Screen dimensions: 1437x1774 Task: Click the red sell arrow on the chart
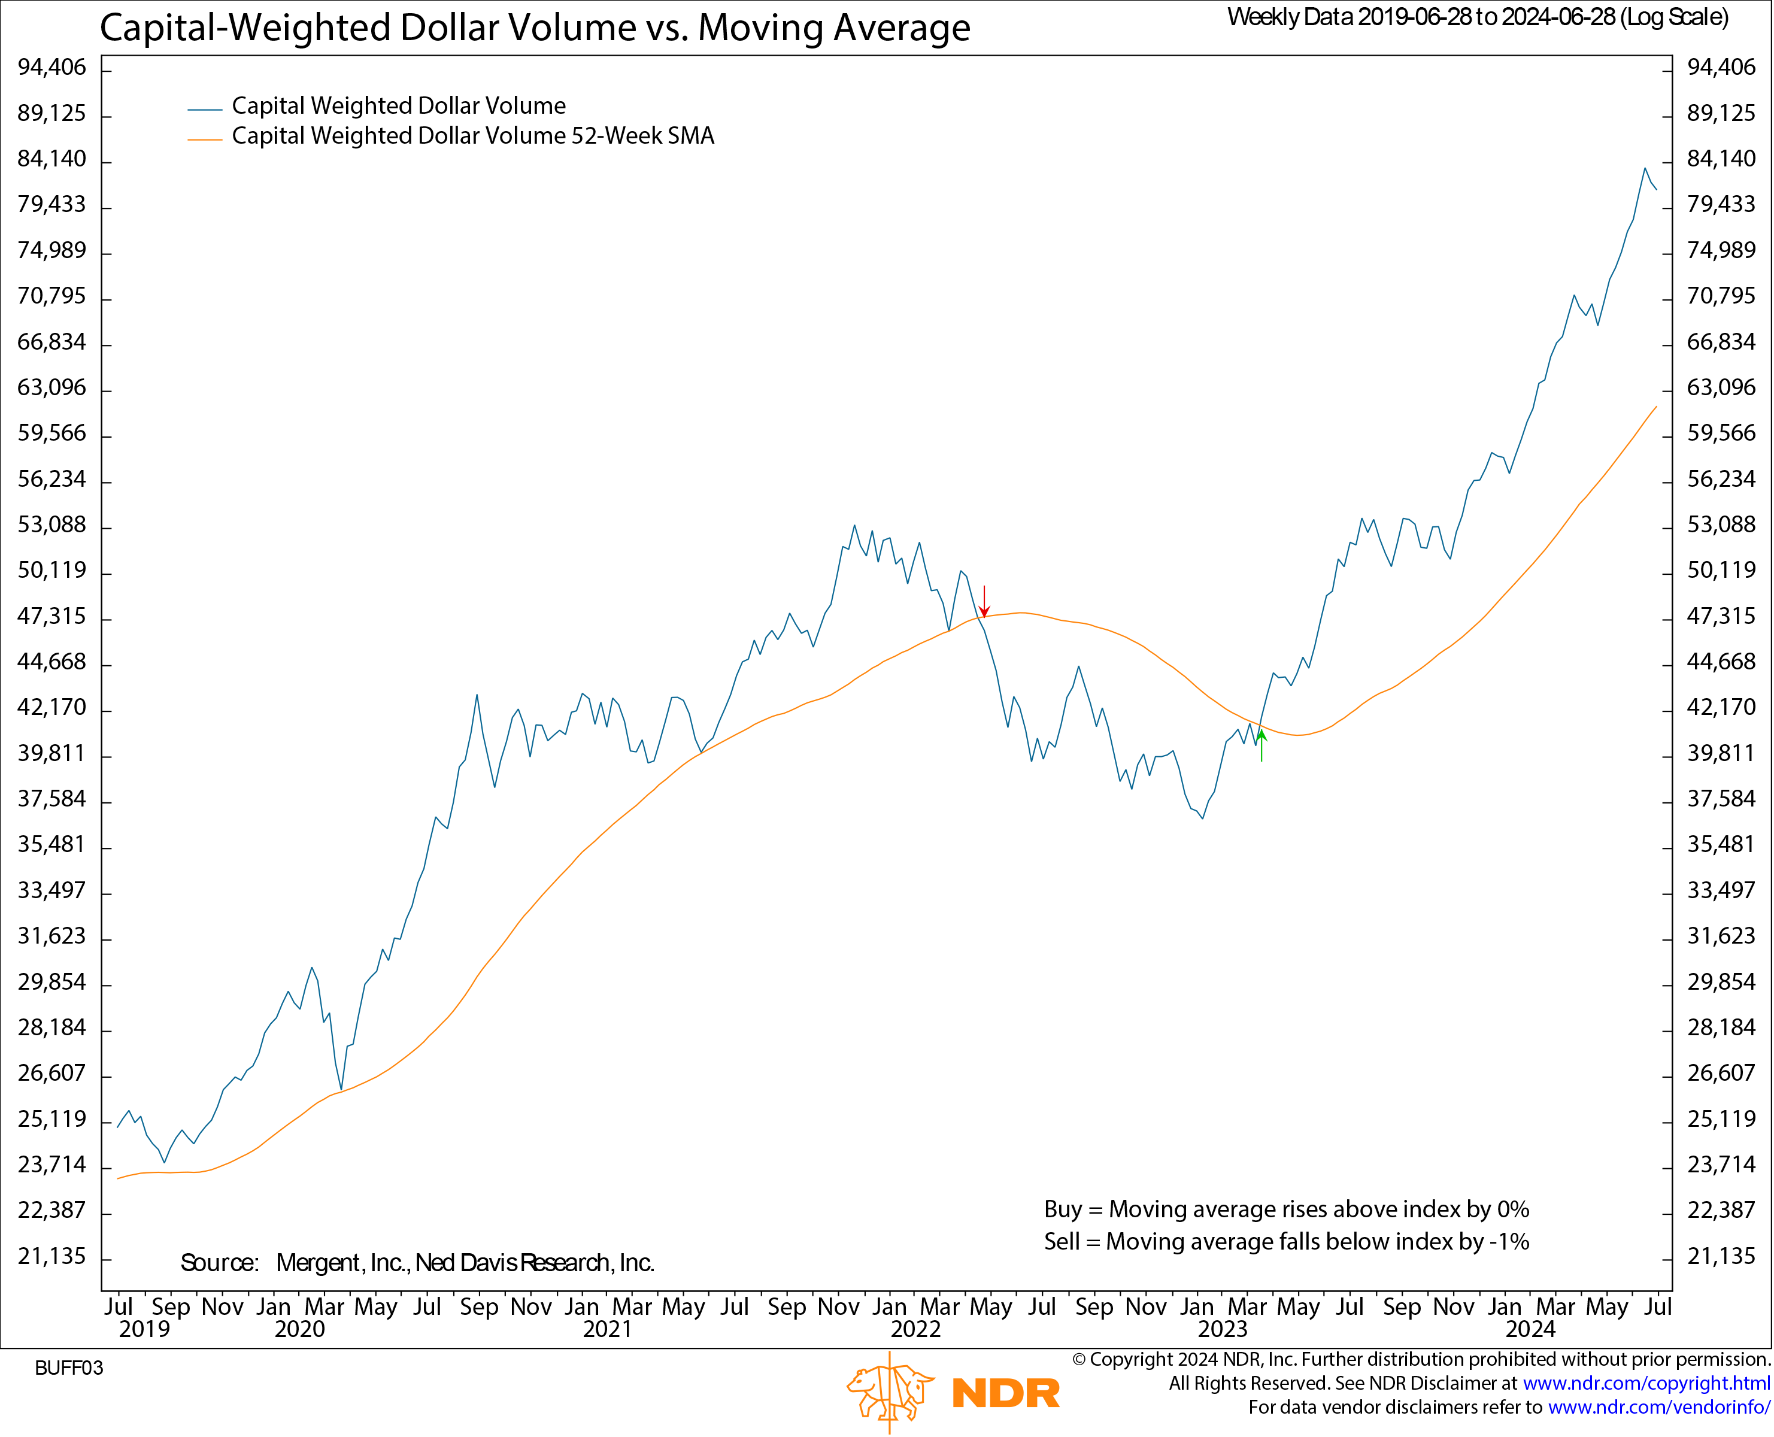tap(984, 601)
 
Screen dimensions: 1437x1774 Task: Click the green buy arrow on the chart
tap(1261, 745)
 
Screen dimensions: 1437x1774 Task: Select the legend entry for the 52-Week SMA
tap(472, 136)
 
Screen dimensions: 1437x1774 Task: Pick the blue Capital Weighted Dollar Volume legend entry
tap(398, 106)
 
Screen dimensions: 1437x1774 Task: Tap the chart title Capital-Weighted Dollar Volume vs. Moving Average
tap(535, 28)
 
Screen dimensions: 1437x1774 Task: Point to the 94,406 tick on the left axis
tap(52, 68)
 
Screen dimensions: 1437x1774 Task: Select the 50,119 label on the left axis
tap(52, 571)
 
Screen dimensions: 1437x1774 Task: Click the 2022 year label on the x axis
tap(915, 1329)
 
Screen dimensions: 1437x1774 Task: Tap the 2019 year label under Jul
tap(144, 1329)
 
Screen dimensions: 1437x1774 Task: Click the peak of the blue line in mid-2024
tap(1644, 169)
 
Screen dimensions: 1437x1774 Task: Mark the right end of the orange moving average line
tap(1655, 407)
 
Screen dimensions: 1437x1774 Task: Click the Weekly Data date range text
tap(1478, 17)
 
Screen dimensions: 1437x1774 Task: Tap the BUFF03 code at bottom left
tap(69, 1368)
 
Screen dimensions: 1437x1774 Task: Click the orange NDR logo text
tap(1005, 1394)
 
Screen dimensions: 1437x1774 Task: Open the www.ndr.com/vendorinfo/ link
tap(1659, 1407)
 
